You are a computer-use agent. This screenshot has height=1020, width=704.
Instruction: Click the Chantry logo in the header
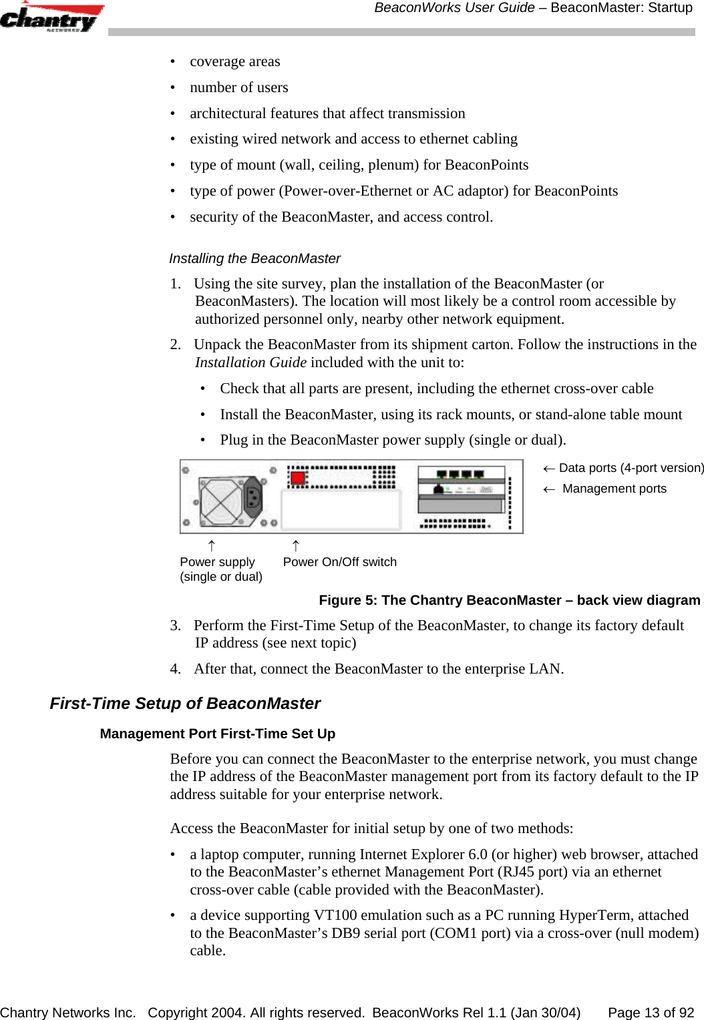pyautogui.click(x=51, y=18)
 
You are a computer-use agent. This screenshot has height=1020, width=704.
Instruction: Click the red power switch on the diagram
pyautogui.click(x=297, y=478)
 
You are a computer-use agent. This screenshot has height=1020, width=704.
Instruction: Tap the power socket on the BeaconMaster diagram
pyautogui.click(x=254, y=497)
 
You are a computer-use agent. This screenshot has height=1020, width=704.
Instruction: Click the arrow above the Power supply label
pyautogui.click(x=211, y=546)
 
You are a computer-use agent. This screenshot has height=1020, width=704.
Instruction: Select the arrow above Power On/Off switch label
pyautogui.click(x=296, y=546)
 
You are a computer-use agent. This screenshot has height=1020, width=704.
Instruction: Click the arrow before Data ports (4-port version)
pyautogui.click(x=548, y=469)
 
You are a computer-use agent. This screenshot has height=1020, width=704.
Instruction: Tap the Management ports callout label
pyautogui.click(x=614, y=489)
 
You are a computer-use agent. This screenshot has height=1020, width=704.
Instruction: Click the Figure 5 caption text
pyautogui.click(x=509, y=600)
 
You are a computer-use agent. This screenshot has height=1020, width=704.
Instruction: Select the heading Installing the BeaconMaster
pyautogui.click(x=254, y=258)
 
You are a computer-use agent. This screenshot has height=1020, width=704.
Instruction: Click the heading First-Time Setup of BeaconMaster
pyautogui.click(x=185, y=704)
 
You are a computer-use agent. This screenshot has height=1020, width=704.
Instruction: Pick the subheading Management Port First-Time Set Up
pyautogui.click(x=217, y=734)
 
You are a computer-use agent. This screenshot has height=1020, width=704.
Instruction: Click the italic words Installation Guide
pyautogui.click(x=250, y=362)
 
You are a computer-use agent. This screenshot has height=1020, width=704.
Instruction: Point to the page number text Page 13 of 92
pyautogui.click(x=651, y=1013)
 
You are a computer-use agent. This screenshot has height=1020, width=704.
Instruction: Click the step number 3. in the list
pyautogui.click(x=175, y=625)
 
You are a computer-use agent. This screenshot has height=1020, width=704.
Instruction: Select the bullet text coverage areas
pyautogui.click(x=234, y=61)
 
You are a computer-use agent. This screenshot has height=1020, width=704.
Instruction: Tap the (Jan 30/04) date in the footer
pyautogui.click(x=545, y=1013)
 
